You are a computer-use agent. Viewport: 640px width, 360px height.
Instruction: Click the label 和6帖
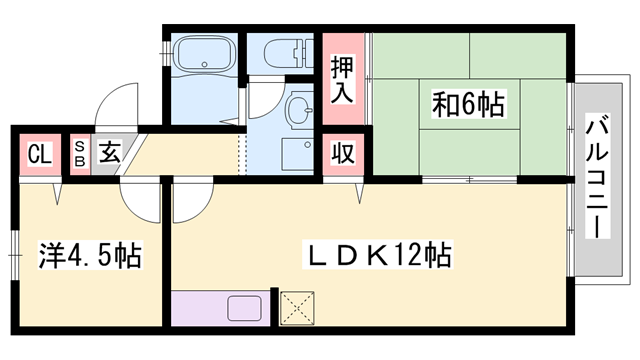(x=467, y=102)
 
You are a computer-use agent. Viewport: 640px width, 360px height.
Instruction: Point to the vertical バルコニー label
(x=598, y=177)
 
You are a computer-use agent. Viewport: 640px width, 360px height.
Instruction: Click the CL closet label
(x=38, y=155)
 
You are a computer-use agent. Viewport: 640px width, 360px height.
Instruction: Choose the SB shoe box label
(x=80, y=155)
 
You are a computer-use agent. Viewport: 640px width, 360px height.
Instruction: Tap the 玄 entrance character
(x=108, y=155)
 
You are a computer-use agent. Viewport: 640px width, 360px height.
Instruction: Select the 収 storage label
(x=343, y=155)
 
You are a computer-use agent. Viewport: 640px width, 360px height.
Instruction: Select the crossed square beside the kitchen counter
(x=297, y=308)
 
